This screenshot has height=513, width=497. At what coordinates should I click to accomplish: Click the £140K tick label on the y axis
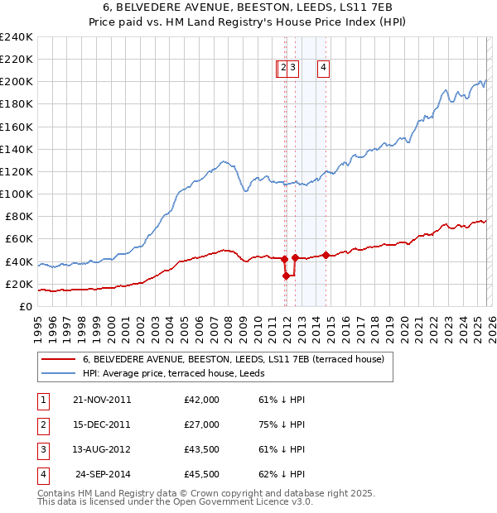coord(16,149)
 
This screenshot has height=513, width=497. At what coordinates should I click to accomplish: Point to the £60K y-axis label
coord(18,239)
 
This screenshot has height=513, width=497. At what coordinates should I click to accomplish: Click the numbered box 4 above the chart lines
coord(323,69)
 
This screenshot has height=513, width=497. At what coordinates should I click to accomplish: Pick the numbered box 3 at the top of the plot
coord(294,69)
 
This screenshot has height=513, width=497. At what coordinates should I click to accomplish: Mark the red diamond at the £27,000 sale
coord(287,276)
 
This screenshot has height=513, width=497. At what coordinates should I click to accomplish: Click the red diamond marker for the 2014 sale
coord(326,255)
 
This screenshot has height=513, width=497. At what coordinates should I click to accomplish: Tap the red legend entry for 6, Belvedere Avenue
coord(233,360)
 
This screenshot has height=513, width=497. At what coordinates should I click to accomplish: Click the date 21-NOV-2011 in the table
coord(102,400)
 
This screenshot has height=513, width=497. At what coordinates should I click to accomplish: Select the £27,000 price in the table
coord(201,424)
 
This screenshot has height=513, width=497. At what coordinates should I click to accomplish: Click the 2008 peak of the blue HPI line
coord(223,161)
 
